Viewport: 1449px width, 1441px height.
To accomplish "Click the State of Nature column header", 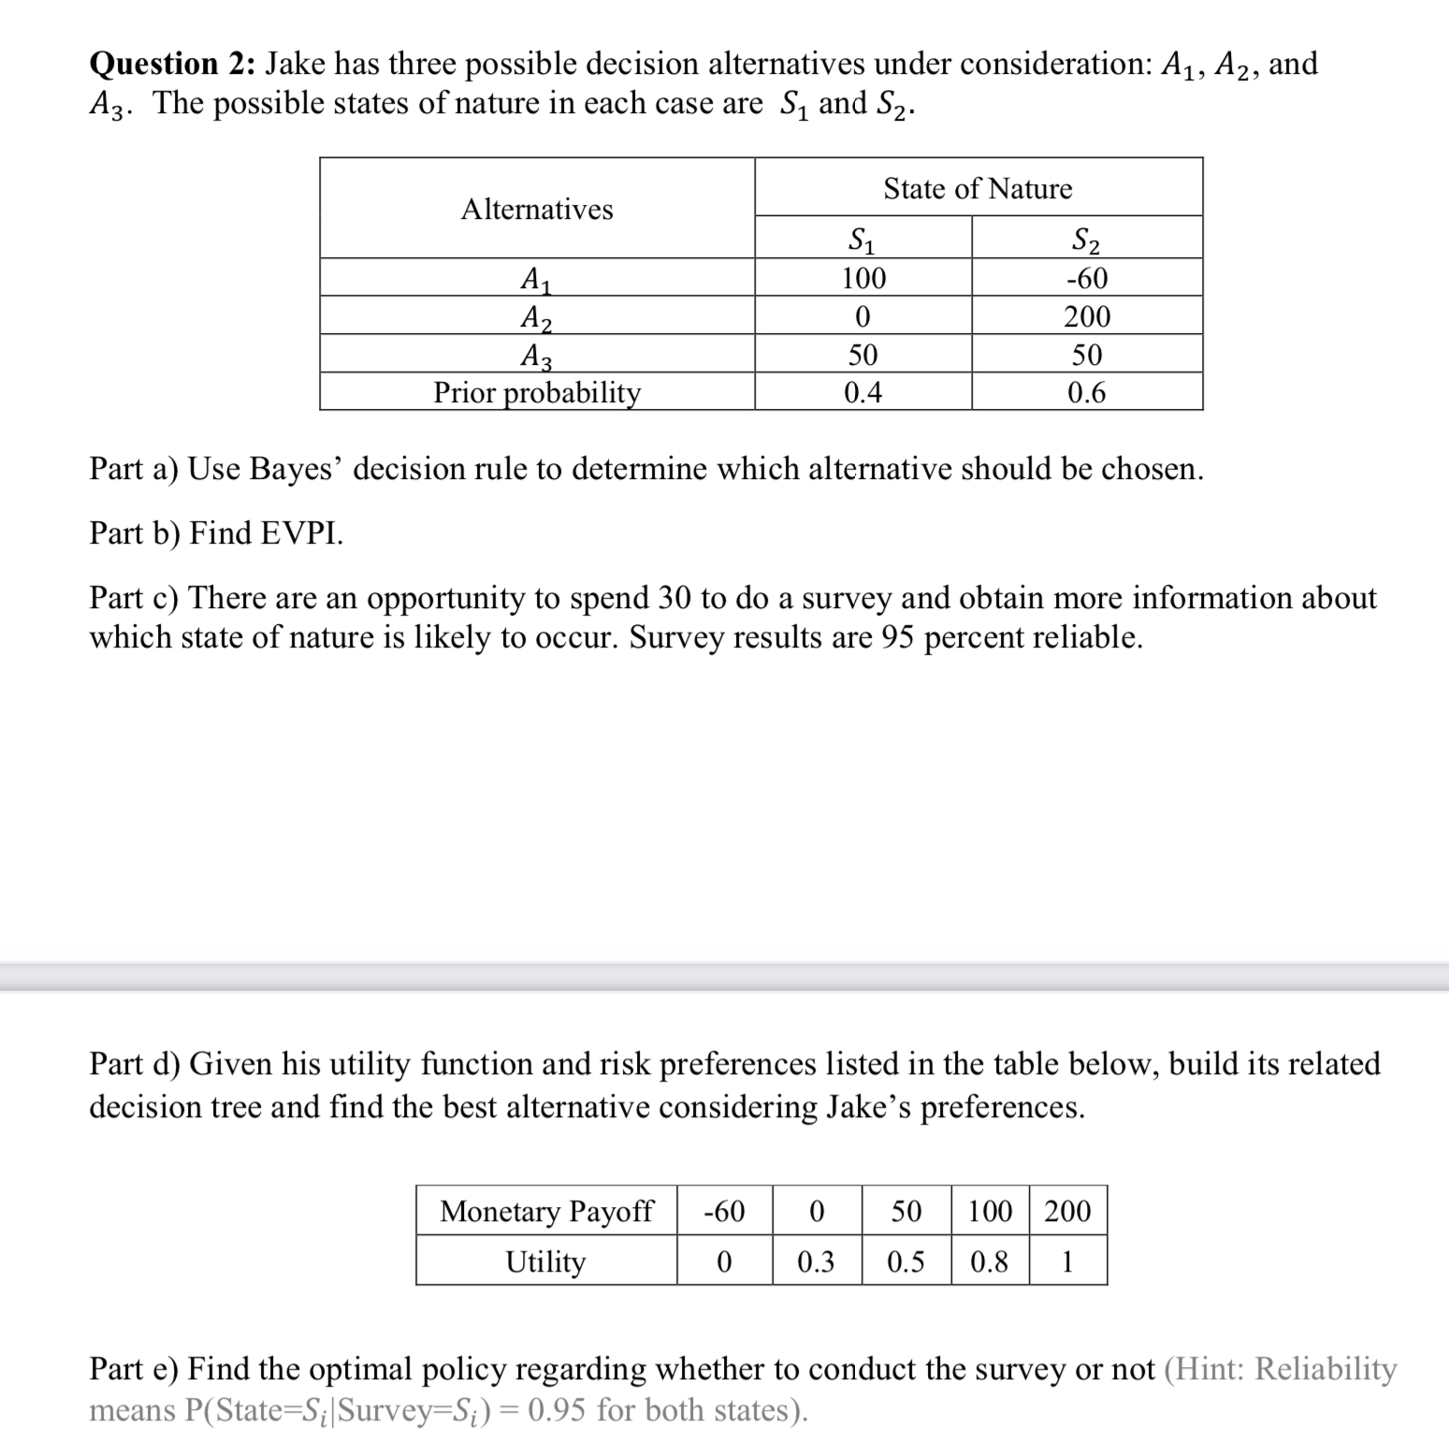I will pos(978,189).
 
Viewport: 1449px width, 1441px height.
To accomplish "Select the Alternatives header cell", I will pos(537,209).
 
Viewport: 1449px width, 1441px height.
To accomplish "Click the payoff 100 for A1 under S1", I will pos(862,278).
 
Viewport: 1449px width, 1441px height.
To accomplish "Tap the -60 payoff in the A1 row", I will pos(1086,278).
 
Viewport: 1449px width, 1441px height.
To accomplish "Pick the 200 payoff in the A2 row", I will pos(1086,316).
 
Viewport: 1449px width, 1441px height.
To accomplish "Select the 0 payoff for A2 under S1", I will pos(862,316).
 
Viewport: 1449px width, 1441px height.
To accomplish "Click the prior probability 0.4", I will pos(862,392).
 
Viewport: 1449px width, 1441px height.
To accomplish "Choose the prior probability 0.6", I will pos(1086,392).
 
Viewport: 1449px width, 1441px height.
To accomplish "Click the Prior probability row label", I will pos(537,392).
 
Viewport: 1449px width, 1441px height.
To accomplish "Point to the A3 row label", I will pos(536,356).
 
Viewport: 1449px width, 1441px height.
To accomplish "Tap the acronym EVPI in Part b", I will pos(300,532).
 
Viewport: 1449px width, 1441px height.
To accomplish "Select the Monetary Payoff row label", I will pos(546,1211).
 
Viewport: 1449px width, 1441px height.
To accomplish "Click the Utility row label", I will pos(545,1261).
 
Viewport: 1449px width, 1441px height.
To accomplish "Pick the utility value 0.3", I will pos(816,1261).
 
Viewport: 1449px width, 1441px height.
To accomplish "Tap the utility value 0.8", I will pos(989,1261).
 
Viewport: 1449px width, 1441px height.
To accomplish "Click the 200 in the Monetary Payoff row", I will pos(1067,1211).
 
